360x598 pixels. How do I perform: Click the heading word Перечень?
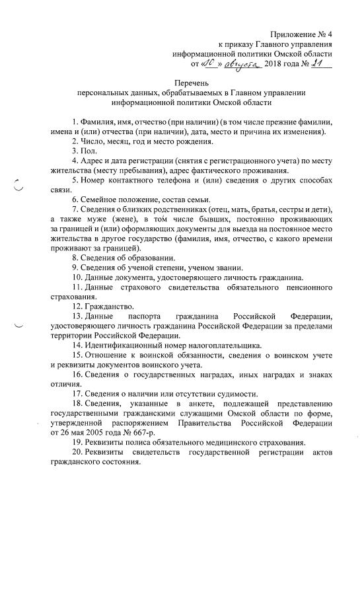click(x=192, y=84)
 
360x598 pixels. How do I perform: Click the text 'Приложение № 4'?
click(x=299, y=33)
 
